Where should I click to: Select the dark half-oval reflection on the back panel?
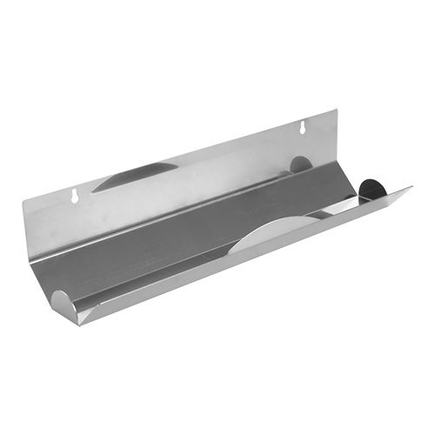(x=135, y=177)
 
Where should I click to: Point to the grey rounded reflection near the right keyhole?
(x=300, y=164)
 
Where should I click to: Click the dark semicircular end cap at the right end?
(x=371, y=189)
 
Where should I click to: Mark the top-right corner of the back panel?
(x=335, y=110)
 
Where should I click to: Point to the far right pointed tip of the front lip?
(x=412, y=187)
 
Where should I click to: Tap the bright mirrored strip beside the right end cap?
(x=344, y=205)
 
